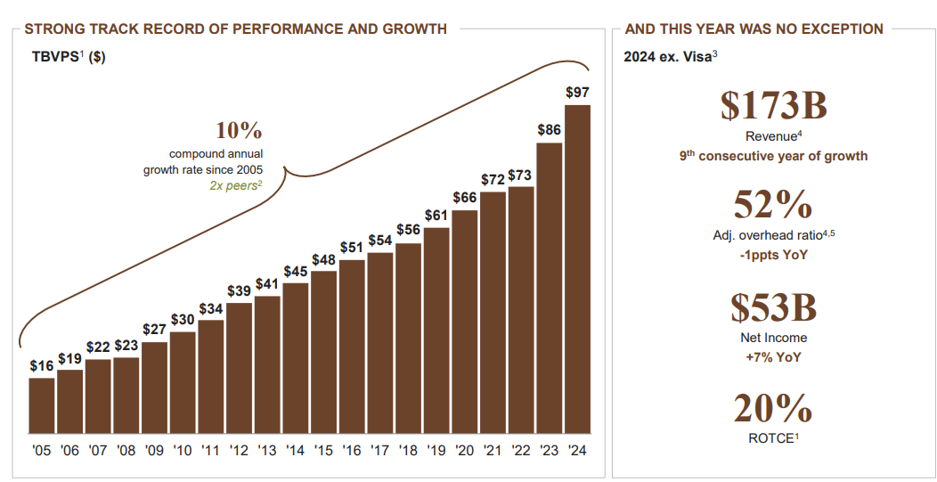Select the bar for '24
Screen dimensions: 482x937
pyautogui.click(x=577, y=268)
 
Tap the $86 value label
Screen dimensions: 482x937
pyautogui.click(x=550, y=130)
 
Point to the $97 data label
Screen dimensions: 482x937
pyautogui.click(x=577, y=93)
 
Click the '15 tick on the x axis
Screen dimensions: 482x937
pyautogui.click(x=323, y=450)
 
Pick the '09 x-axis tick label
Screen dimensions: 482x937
pyautogui.click(x=154, y=450)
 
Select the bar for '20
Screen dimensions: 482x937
pyautogui.click(x=465, y=321)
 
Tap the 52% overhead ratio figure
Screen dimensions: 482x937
pyautogui.click(x=773, y=206)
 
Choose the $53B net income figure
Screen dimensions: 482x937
pyautogui.click(x=773, y=307)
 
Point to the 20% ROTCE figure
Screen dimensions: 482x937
pyautogui.click(x=773, y=409)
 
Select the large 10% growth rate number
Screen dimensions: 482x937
pyautogui.click(x=239, y=131)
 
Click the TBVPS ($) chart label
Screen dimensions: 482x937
pyautogui.click(x=69, y=57)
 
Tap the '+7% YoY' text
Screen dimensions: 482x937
pyautogui.click(x=773, y=357)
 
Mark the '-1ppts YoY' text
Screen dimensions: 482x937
pyautogui.click(x=773, y=256)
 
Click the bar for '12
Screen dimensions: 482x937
pyautogui.click(x=239, y=367)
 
